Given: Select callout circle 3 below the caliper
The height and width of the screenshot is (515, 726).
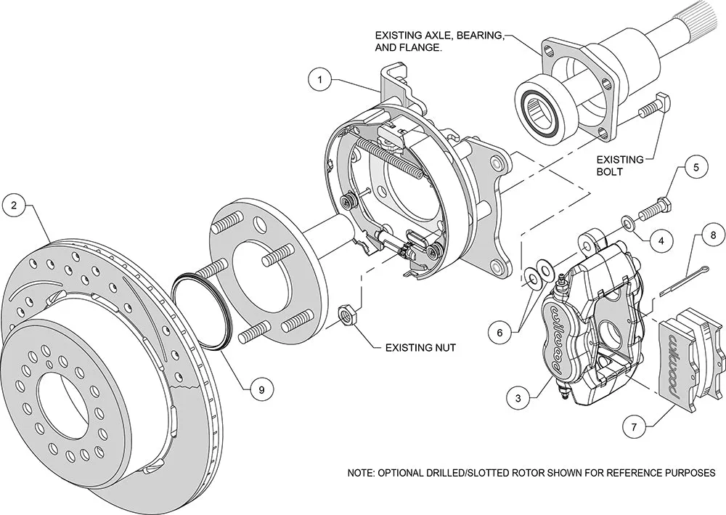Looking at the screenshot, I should [518, 397].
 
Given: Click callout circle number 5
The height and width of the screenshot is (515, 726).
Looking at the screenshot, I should [696, 169].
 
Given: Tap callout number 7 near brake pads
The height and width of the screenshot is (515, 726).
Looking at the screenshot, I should [634, 427].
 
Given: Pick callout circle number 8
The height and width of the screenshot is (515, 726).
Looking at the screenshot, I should [713, 236].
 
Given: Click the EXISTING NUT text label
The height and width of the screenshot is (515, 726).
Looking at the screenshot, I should [420, 348].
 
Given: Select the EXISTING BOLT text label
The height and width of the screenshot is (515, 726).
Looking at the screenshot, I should [620, 166].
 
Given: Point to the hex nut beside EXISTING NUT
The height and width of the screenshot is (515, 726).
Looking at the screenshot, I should [347, 315].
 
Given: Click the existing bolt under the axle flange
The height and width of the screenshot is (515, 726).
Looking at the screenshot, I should [653, 107].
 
